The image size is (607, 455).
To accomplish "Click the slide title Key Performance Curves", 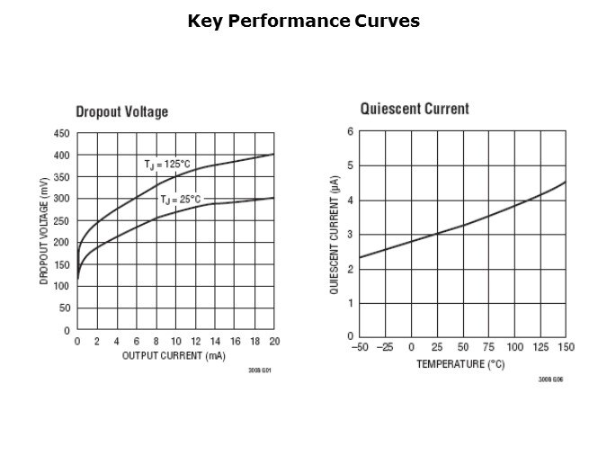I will click(x=303, y=21).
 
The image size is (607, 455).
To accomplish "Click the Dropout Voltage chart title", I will click(x=121, y=112).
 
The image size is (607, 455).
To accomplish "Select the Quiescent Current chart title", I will click(x=415, y=109).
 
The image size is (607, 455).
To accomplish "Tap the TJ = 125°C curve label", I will click(x=167, y=165).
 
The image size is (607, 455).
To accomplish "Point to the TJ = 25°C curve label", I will click(x=181, y=200).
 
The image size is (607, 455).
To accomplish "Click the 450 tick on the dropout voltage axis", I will click(x=61, y=133).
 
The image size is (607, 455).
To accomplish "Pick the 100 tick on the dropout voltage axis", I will click(x=61, y=286).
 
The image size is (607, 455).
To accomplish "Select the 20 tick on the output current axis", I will click(x=274, y=342).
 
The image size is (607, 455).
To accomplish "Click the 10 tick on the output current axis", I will click(x=175, y=342).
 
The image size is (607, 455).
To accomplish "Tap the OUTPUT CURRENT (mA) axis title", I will click(x=173, y=355).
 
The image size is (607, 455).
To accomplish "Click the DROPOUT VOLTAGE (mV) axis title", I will click(x=44, y=232).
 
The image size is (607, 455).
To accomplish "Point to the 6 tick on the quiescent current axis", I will click(x=350, y=132).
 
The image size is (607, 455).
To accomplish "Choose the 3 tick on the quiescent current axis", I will click(x=350, y=234).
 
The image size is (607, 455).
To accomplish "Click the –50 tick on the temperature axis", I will click(x=359, y=348).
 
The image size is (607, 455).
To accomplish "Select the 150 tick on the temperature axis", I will click(x=566, y=348).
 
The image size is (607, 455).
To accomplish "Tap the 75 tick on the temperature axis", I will click(x=488, y=348).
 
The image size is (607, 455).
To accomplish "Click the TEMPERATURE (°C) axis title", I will click(x=460, y=363).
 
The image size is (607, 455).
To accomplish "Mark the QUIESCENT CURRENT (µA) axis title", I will click(x=334, y=235).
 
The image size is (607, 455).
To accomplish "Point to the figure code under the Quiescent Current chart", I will click(x=550, y=379).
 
